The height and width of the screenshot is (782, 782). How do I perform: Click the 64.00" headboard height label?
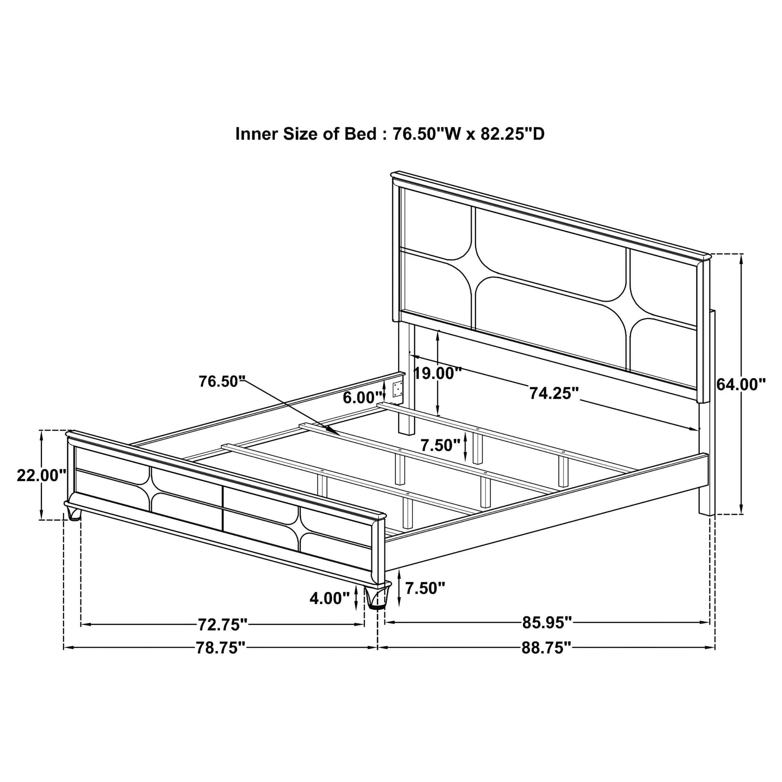741,384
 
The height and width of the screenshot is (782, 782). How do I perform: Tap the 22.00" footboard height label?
41,475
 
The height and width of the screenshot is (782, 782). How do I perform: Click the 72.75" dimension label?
222,625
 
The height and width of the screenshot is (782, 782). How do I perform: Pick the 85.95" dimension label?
547,623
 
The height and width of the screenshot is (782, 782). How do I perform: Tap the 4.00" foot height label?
329,598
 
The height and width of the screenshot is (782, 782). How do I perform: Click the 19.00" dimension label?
437,373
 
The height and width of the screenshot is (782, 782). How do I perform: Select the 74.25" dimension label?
554,393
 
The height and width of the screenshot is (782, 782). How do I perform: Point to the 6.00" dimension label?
363,398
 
